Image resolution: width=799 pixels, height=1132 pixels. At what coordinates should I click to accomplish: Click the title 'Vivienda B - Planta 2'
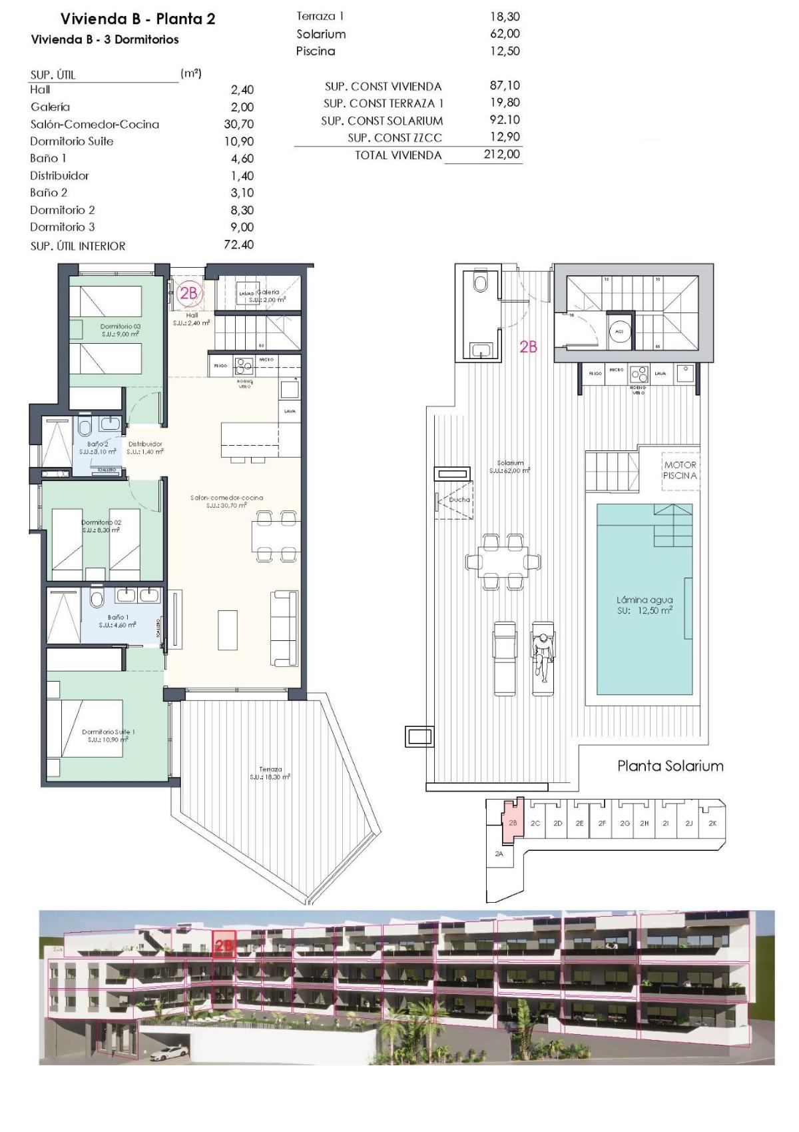(138, 19)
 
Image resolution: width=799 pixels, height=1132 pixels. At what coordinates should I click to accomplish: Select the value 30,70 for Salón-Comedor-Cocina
(238, 124)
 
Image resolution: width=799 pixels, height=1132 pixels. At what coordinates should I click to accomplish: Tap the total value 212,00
(503, 155)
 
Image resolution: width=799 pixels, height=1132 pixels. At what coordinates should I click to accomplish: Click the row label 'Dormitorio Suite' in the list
(71, 141)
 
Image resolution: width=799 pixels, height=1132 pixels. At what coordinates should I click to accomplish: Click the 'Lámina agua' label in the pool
(644, 600)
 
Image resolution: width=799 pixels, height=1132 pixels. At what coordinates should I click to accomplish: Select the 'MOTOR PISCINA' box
(680, 470)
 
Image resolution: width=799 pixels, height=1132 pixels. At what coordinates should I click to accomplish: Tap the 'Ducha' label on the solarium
(459, 500)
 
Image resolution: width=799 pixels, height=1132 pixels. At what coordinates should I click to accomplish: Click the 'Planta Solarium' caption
(670, 766)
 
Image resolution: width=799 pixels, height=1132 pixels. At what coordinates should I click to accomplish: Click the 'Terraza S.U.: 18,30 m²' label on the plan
(270, 773)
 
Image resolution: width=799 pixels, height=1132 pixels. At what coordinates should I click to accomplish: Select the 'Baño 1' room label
(118, 621)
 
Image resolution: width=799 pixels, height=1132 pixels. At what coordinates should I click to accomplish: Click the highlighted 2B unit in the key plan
(513, 823)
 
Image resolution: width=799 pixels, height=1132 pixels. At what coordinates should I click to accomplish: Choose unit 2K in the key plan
(712, 824)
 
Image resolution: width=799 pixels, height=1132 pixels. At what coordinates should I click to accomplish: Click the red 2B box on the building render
(224, 945)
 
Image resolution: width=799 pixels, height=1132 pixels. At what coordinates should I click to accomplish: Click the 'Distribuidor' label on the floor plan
(145, 448)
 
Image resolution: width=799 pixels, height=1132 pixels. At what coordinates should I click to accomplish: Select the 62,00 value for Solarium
(505, 34)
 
